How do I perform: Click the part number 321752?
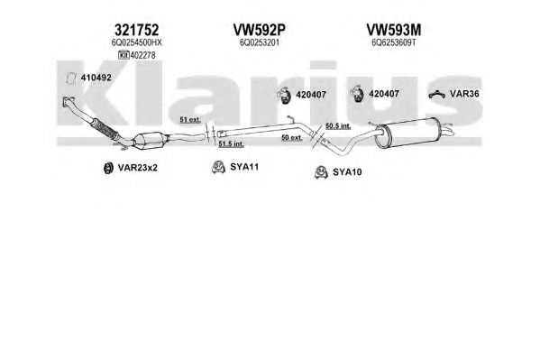137,30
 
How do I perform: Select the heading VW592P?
260,30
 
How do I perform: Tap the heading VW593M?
394,30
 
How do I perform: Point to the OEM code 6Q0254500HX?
137,42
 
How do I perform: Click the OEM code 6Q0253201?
260,42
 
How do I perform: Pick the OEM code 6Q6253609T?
394,42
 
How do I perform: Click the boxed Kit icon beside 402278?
124,55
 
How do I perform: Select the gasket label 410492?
96,78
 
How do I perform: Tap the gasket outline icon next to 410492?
71,78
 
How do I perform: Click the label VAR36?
464,94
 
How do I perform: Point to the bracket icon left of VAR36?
437,94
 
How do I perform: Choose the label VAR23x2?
137,168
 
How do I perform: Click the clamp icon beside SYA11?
218,167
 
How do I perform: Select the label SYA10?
347,172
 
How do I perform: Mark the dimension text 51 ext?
190,120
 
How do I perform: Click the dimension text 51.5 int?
231,143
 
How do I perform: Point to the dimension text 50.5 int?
338,126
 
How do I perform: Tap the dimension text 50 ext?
292,137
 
